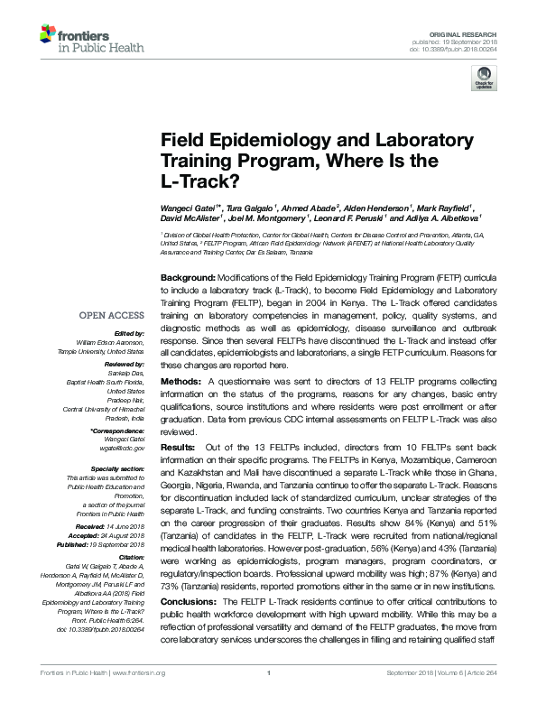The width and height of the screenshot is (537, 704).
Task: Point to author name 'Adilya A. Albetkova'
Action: point(442,218)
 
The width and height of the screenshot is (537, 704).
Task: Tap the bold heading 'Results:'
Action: point(177,447)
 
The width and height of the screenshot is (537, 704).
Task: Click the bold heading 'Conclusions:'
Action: point(189,600)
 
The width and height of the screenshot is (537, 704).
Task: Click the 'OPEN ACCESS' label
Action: point(112,315)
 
